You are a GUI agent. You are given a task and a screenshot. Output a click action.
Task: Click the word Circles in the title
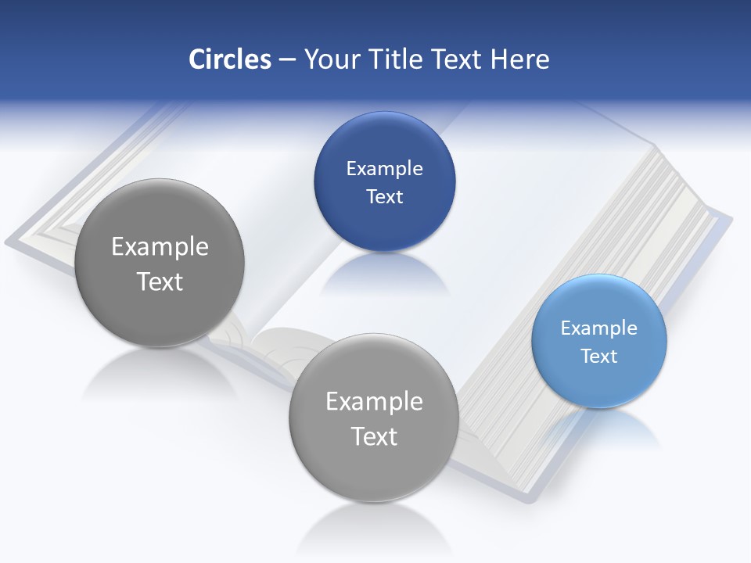pyautogui.click(x=230, y=59)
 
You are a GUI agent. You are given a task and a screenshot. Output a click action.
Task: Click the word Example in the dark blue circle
pyautogui.click(x=384, y=168)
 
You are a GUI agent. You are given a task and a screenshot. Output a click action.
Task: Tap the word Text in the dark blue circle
pyautogui.click(x=384, y=196)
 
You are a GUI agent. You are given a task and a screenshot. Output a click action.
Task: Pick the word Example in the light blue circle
pyautogui.click(x=599, y=328)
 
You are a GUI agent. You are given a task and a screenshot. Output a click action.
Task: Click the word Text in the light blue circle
pyautogui.click(x=599, y=356)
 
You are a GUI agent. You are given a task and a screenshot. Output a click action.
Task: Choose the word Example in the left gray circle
pyautogui.click(x=160, y=246)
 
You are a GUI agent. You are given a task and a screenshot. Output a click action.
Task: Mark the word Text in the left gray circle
pyautogui.click(x=160, y=281)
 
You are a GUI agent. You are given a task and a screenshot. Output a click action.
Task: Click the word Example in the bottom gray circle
pyautogui.click(x=374, y=401)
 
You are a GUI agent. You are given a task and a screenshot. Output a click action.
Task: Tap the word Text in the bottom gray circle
pyautogui.click(x=374, y=436)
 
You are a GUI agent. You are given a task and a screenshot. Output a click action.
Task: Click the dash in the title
pyautogui.click(x=287, y=59)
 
